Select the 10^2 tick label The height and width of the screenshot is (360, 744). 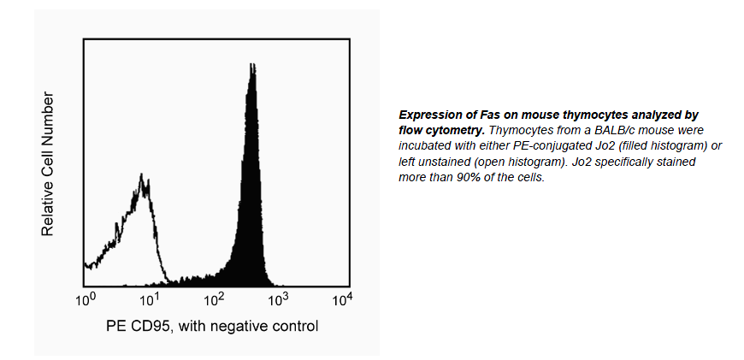click(214, 299)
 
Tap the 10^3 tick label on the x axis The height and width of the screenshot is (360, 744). click(278, 299)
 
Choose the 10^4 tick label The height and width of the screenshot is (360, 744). click(342, 299)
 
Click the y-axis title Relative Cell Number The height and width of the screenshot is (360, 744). click(49, 165)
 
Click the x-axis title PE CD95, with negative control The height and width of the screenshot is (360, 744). click(212, 326)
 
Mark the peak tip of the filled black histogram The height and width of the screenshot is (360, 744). click(251, 65)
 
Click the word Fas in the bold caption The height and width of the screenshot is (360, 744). click(487, 115)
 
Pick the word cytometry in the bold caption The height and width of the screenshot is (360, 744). click(446, 130)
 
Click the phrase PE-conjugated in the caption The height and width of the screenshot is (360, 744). click(535, 146)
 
